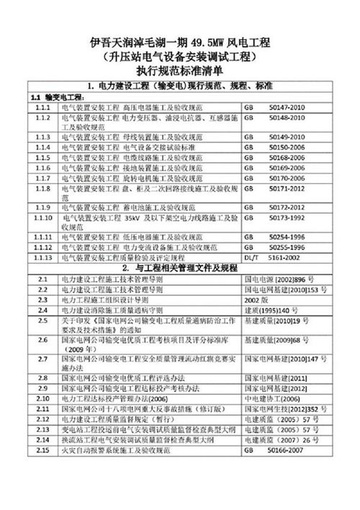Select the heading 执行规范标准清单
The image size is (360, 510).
coord(180,71)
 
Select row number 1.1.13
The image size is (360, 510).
coord(43,256)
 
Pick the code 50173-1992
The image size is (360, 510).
coord(291,216)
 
